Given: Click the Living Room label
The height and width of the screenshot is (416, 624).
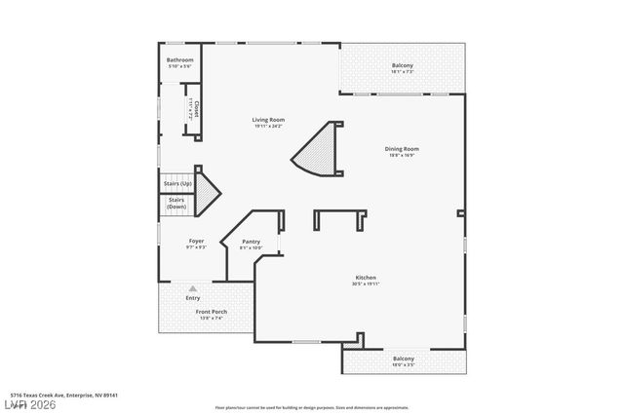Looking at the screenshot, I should click(x=269, y=119).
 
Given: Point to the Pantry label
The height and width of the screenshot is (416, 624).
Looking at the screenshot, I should click(x=252, y=242).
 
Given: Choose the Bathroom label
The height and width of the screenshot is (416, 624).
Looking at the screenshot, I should click(x=180, y=60).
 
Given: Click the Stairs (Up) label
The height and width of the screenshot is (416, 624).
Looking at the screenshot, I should click(x=178, y=183).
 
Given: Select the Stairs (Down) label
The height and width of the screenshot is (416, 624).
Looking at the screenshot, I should click(x=176, y=204).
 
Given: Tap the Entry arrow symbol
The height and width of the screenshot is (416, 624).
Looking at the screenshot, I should click(x=193, y=288).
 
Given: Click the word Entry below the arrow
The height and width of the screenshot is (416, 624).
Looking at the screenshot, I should click(x=193, y=297).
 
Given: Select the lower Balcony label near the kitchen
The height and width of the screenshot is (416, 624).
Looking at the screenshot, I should click(x=404, y=359).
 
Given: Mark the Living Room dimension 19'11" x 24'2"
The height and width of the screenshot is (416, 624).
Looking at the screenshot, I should click(x=269, y=126).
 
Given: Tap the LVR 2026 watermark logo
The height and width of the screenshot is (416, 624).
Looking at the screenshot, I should click(x=29, y=404).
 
